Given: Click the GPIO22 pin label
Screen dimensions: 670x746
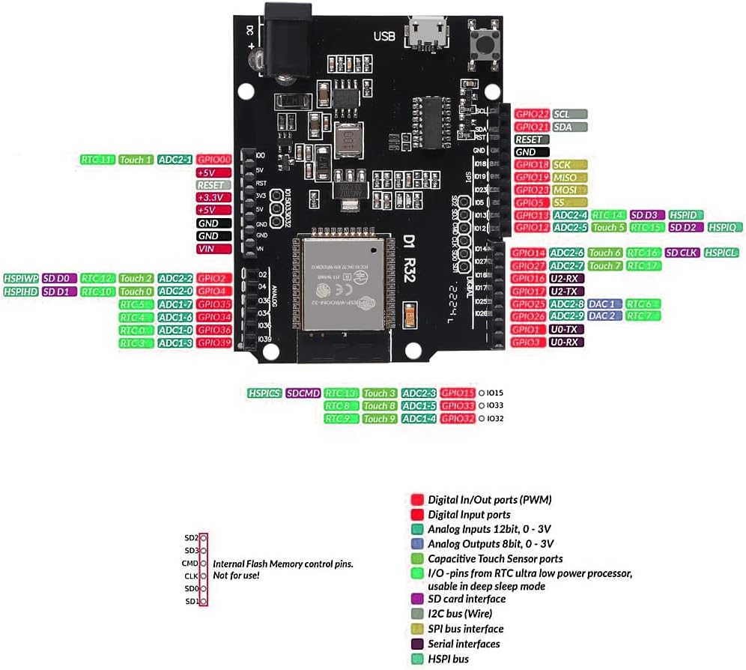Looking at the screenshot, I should tap(533, 114).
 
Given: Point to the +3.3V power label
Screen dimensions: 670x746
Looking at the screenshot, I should tap(210, 197).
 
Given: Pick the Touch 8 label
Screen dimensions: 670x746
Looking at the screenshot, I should tap(379, 406).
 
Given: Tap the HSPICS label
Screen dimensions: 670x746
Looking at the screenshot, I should tap(264, 393).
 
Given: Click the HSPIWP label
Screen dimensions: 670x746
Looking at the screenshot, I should tap(22, 278).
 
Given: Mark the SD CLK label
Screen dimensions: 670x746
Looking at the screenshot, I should tap(681, 253).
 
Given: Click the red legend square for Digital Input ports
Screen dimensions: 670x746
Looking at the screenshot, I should tap(416, 515).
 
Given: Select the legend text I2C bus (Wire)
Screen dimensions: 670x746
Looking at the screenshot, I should tap(465, 614).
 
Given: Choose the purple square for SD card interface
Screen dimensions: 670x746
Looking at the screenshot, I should tap(416, 599).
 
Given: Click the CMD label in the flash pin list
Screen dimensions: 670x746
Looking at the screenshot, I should tap(189, 563).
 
